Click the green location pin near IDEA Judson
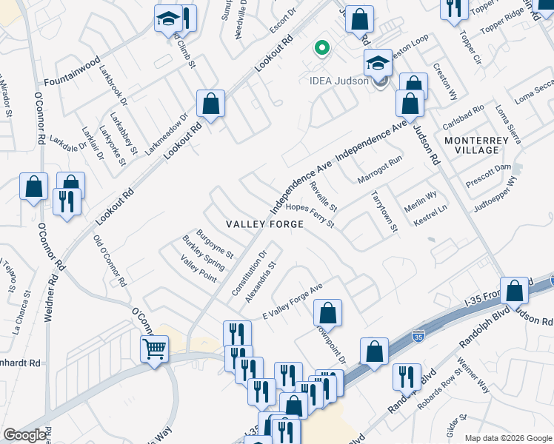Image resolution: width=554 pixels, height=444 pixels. coord(321,49)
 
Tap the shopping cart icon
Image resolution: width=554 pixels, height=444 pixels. coord(155,347)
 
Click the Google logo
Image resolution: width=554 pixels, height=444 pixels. coord(24,435)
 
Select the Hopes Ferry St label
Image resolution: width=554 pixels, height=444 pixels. coord(310,216)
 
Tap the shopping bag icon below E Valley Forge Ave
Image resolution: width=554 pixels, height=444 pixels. coord(327,312)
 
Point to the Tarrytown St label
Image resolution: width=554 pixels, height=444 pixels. coord(384,213)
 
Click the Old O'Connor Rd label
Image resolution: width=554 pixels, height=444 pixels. coord(110,260)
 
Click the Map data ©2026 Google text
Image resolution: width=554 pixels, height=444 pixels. coord(508,438)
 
